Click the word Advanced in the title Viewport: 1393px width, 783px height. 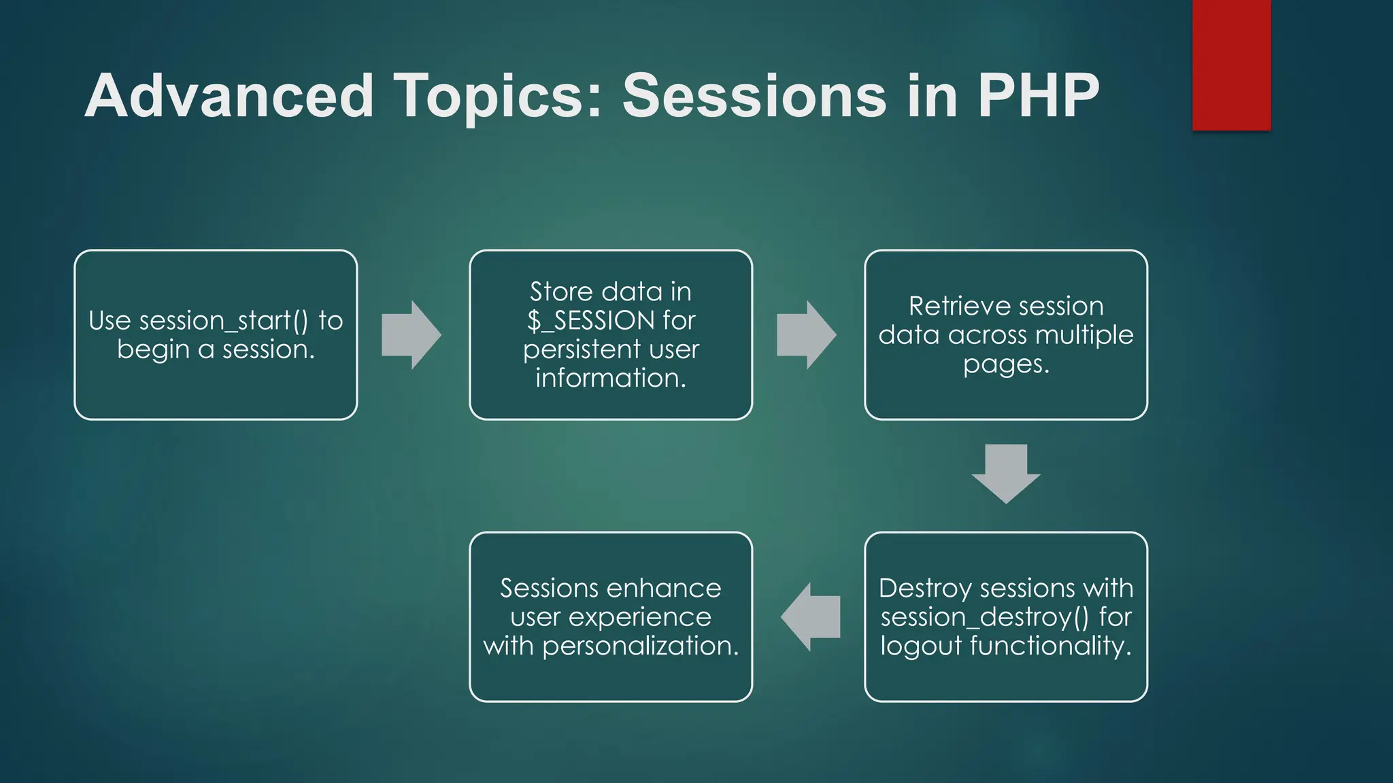click(229, 96)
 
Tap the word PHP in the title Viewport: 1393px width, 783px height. click(1039, 96)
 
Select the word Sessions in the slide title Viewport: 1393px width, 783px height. click(754, 96)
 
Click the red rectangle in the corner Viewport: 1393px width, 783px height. click(1231, 65)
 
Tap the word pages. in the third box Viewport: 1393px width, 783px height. click(1006, 364)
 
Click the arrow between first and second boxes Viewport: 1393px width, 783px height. click(411, 335)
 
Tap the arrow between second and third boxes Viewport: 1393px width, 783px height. click(806, 335)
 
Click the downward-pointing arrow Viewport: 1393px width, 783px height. click(1006, 473)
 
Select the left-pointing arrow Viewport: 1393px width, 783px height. click(810, 617)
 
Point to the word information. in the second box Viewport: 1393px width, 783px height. click(611, 378)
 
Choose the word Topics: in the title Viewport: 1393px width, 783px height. click(498, 96)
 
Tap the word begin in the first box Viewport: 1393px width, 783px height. click(153, 350)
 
